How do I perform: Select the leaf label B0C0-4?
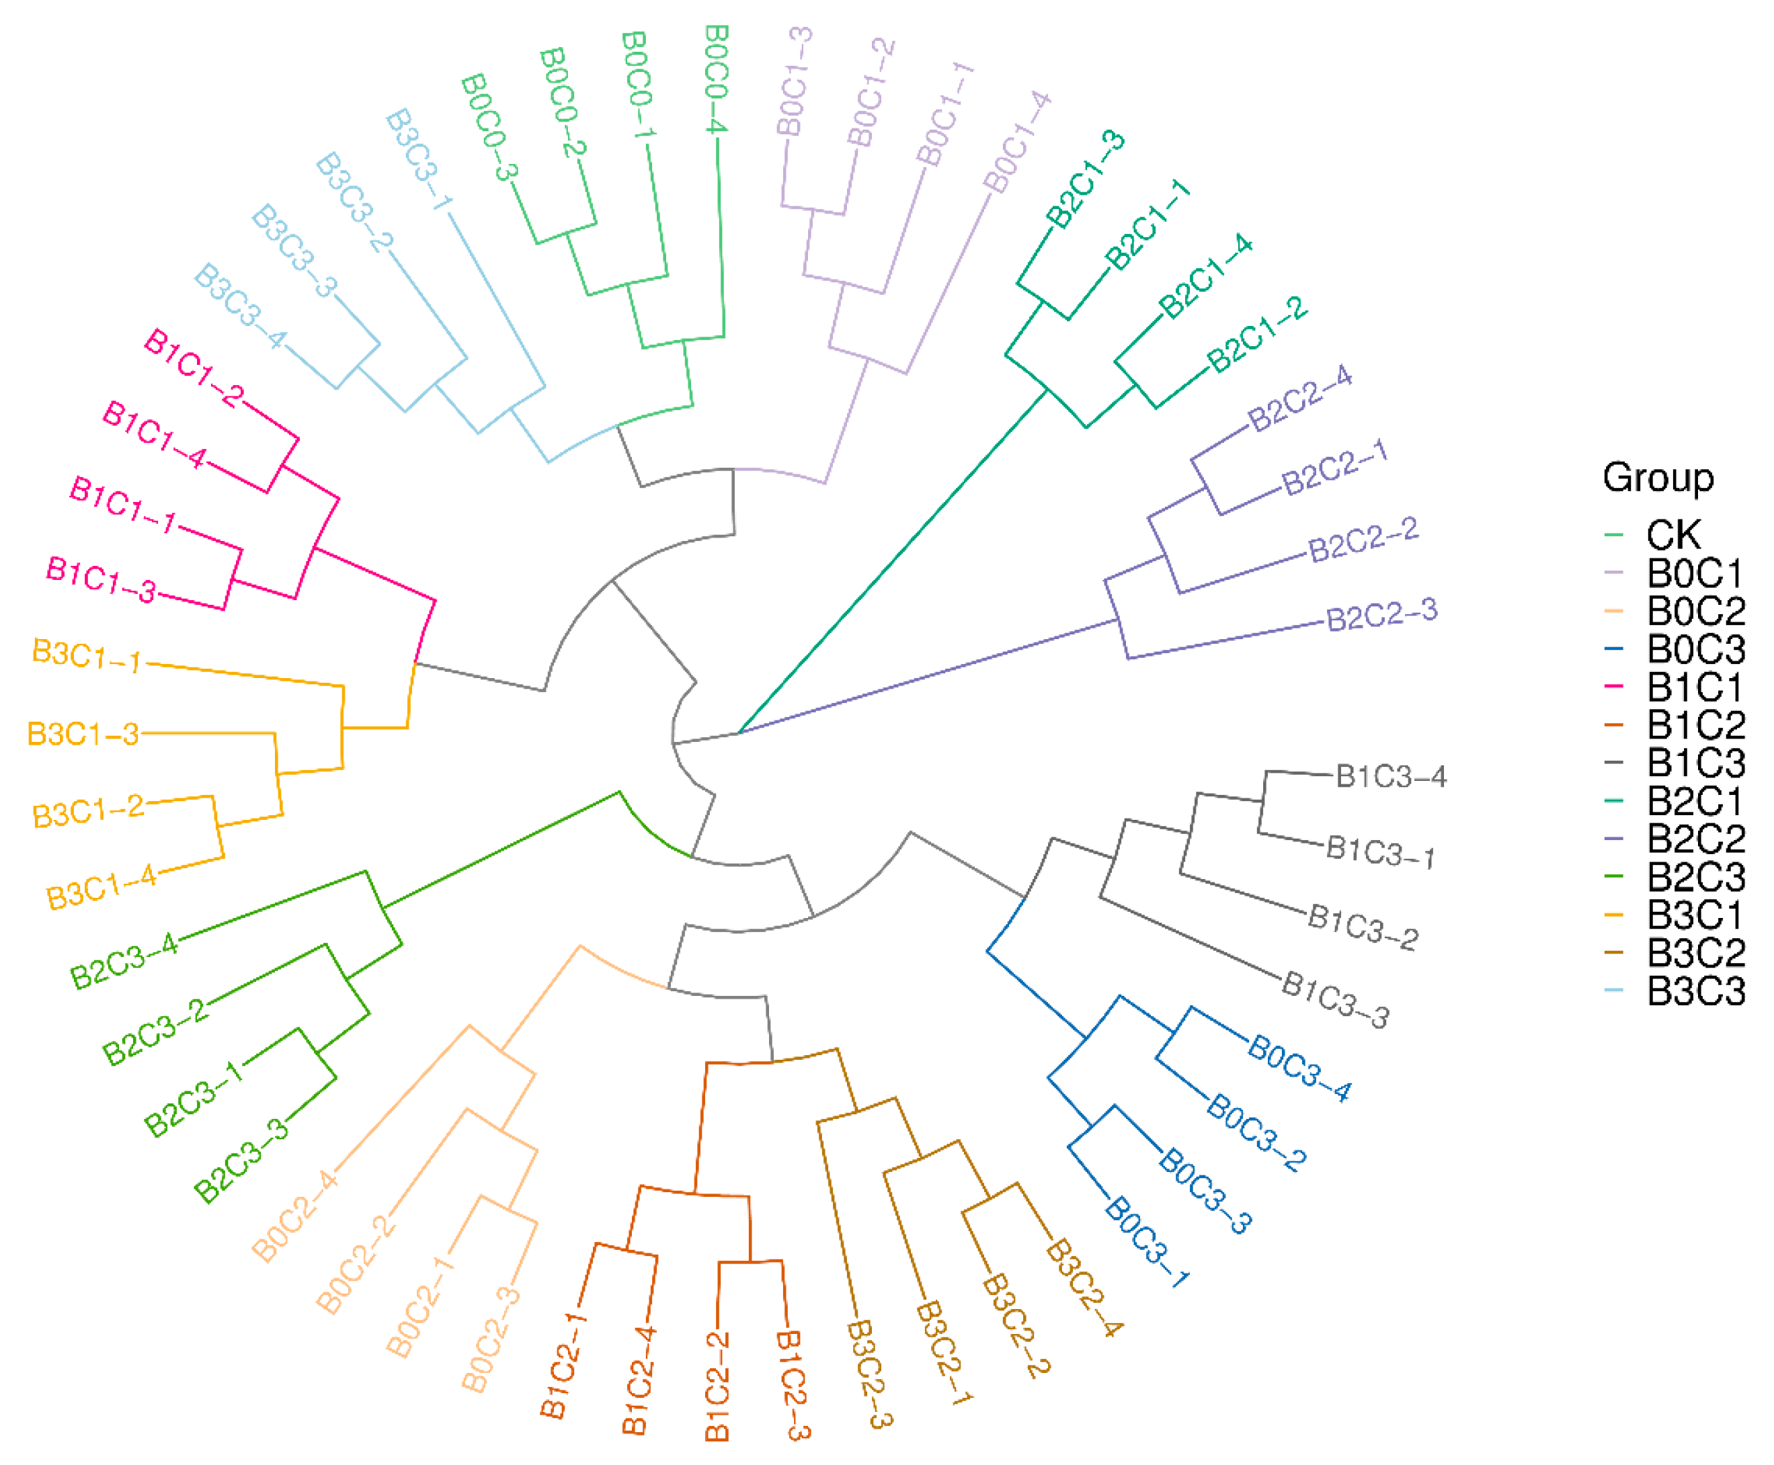717,79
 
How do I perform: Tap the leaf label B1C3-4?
1391,776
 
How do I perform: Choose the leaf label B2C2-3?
1381,614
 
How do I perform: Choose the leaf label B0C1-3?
794,81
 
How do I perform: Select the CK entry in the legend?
1674,535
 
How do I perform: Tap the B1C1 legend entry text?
1695,687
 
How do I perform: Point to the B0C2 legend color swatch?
1613,610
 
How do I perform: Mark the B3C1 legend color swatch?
1613,914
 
